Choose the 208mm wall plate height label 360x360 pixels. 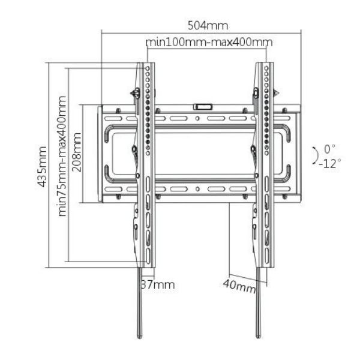77,153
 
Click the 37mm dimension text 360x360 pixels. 157,284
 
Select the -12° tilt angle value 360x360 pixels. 329,163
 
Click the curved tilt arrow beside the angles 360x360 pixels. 314,155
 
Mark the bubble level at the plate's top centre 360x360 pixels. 202,106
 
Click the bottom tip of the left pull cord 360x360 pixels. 140,336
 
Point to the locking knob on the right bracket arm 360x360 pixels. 256,92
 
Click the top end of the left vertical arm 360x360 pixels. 146,64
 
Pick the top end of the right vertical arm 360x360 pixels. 265,64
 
